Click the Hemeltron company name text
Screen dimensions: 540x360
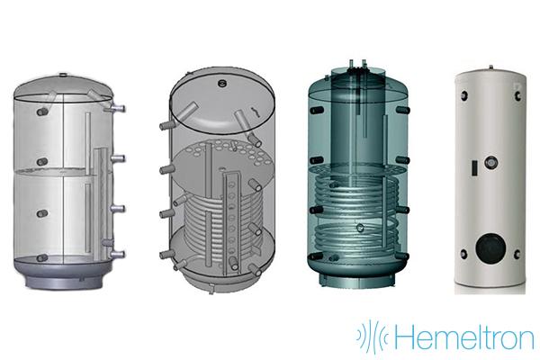point(463,337)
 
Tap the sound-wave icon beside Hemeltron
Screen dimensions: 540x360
point(373,337)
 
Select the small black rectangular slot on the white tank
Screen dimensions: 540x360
point(474,167)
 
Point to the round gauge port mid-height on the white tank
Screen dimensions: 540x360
point(490,162)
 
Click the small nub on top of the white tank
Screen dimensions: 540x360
point(490,67)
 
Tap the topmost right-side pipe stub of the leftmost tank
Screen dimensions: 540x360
point(115,109)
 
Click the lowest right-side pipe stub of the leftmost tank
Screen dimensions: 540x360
point(117,254)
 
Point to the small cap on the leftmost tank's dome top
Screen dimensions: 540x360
point(63,75)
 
